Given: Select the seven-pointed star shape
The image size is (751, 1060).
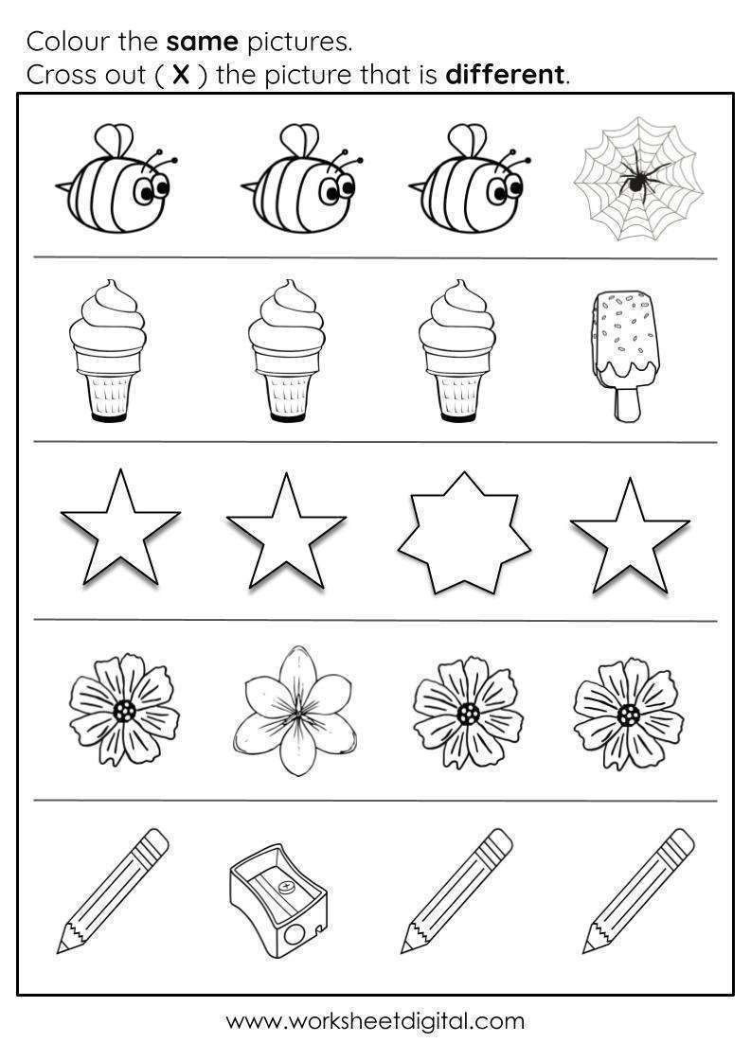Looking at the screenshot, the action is tap(465, 534).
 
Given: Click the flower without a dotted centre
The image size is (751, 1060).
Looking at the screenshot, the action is tap(295, 711).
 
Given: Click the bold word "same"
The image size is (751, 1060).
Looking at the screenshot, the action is tap(203, 43).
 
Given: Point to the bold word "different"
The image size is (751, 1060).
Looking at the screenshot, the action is tap(505, 75).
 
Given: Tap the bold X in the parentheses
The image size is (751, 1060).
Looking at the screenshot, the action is tap(181, 75).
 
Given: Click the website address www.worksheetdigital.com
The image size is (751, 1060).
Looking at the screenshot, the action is tap(375, 1021).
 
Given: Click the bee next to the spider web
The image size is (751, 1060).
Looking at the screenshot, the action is tap(471, 179).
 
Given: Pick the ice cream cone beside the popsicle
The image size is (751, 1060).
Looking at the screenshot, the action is tap(456, 351).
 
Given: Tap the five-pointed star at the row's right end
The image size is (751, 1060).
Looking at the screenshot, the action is tap(630, 537).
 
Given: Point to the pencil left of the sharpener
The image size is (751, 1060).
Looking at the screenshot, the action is tap(113, 891).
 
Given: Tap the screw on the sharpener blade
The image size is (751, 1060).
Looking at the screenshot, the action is tap(287, 886).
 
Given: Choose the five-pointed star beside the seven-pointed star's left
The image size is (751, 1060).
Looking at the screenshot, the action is tap(286, 532).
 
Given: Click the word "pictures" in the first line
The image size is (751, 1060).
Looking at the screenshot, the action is tap(299, 43).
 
